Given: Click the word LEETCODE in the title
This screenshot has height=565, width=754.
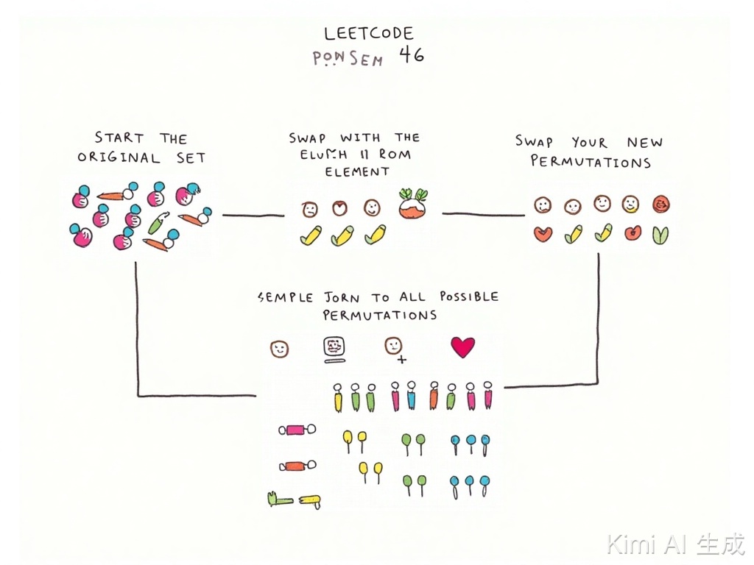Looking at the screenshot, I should (369, 33).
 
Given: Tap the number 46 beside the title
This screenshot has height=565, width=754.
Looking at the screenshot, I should (412, 55).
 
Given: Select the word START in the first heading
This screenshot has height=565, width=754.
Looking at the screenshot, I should (119, 138).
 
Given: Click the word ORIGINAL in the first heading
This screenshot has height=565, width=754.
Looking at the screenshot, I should (119, 157).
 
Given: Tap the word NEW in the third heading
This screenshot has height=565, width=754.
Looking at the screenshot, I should (644, 143).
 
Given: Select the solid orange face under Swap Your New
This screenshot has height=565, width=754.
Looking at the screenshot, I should (660, 204).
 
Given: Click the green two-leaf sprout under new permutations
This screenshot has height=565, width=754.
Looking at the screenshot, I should (660, 235).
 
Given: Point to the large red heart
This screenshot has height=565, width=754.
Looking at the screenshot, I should (462, 347).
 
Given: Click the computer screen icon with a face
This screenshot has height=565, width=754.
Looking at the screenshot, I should (334, 348).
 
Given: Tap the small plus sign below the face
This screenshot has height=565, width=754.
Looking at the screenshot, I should (401, 360).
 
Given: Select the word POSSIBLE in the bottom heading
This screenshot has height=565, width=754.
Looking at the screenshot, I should (468, 296).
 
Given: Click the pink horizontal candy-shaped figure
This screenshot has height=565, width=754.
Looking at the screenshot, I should (297, 430).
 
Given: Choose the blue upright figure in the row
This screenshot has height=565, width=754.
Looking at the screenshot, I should (411, 397).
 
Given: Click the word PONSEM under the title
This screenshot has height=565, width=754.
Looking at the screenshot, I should (348, 59).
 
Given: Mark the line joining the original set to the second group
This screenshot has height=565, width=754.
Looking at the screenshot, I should (253, 216).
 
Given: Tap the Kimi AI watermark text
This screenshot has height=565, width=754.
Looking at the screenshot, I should (675, 544).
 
